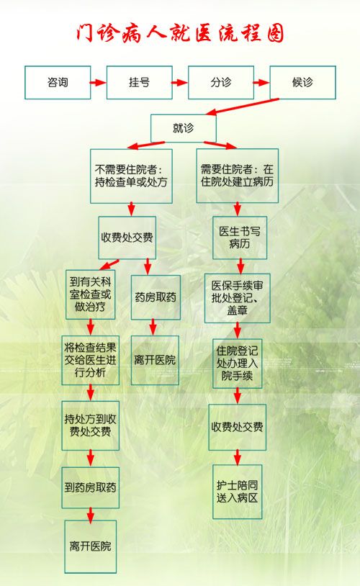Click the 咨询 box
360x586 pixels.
[x=58, y=83]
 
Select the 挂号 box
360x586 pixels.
[x=140, y=83]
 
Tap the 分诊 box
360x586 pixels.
[x=221, y=83]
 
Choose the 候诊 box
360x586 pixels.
[x=303, y=83]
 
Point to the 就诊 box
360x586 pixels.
[x=183, y=128]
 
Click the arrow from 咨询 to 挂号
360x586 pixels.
[x=99, y=83]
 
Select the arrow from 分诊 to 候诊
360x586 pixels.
[x=261, y=83]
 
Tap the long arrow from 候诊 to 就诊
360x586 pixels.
[x=243, y=107]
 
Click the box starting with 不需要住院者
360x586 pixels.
[x=131, y=176]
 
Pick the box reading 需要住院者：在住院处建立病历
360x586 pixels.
[x=238, y=176]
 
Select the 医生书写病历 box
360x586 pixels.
[x=240, y=238]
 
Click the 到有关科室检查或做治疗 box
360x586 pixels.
[x=90, y=294]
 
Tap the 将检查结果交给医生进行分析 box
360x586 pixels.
[x=91, y=360]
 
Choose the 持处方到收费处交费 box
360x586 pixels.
[x=91, y=425]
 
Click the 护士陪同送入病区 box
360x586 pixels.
[x=238, y=492]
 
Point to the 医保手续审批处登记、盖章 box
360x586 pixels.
[x=238, y=298]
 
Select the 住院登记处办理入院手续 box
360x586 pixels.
[x=238, y=364]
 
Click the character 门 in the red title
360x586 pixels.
[x=85, y=33]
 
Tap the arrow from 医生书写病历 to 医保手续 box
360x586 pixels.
[x=240, y=266]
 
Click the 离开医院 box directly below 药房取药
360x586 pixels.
[x=155, y=360]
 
